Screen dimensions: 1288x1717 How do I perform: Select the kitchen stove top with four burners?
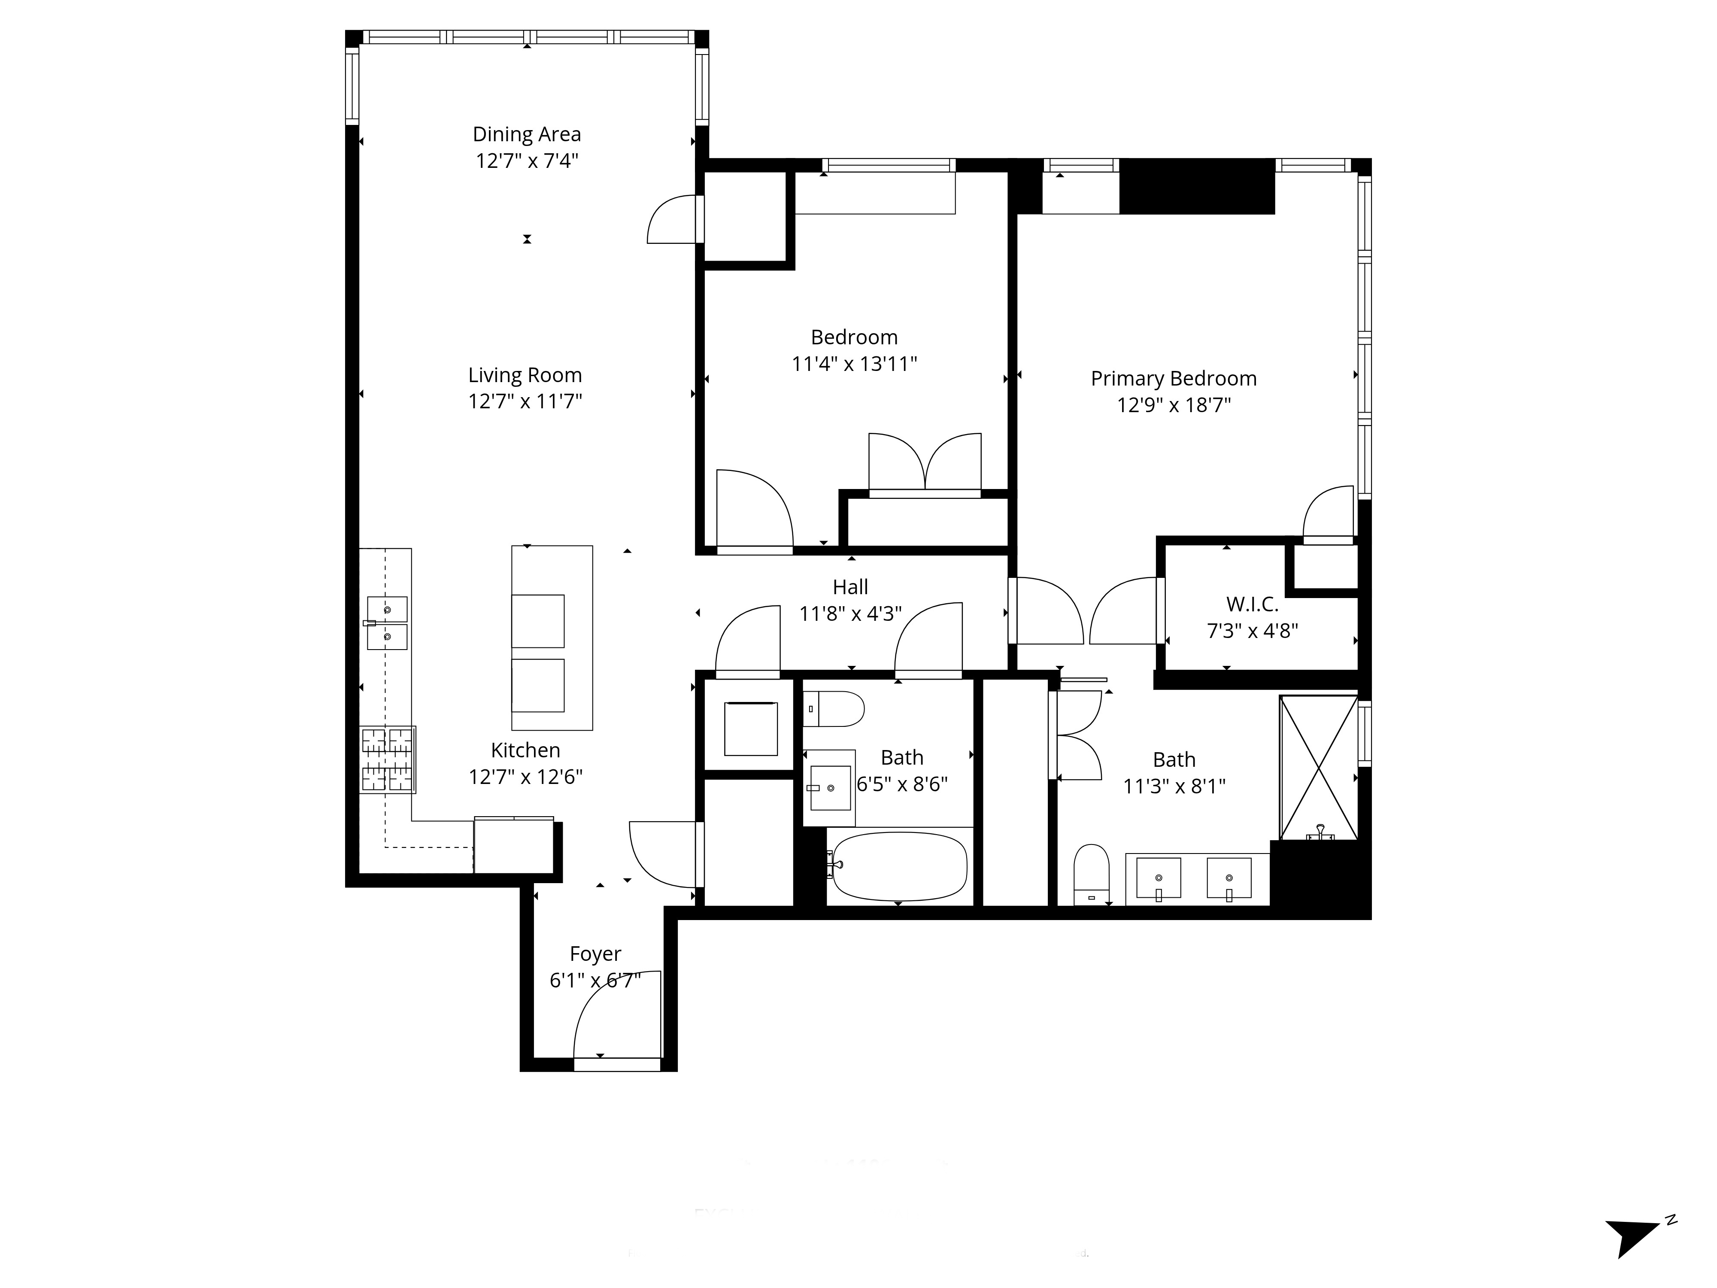(x=387, y=759)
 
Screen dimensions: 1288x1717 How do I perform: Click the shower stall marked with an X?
(x=1318, y=768)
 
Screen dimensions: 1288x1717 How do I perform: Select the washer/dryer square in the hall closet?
(x=751, y=728)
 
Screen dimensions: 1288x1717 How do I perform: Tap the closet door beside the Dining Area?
(x=672, y=220)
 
